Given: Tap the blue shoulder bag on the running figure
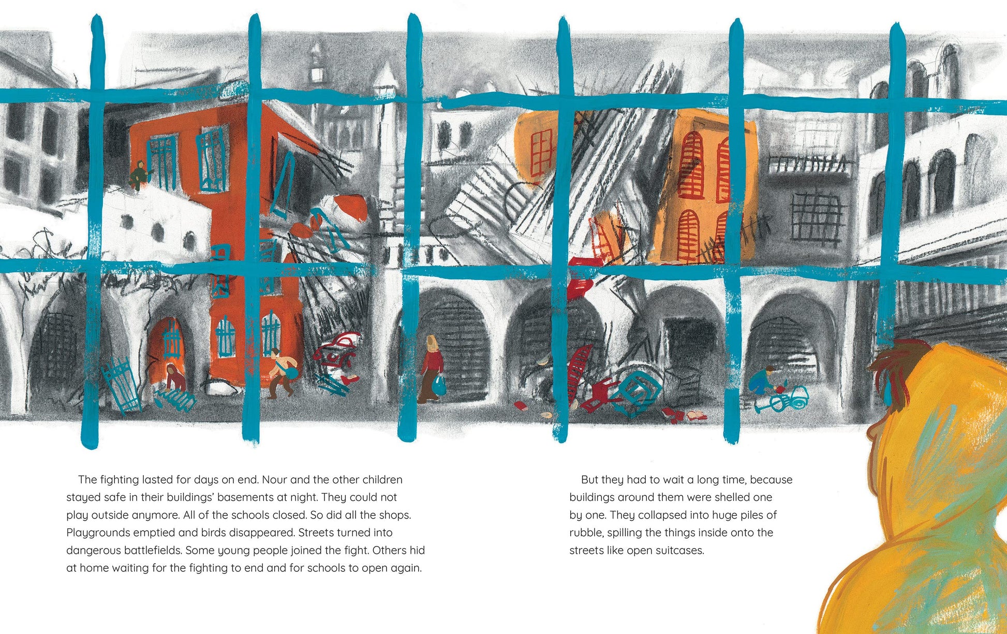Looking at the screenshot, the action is [x=290, y=372].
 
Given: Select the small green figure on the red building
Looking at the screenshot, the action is [x=138, y=173].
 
